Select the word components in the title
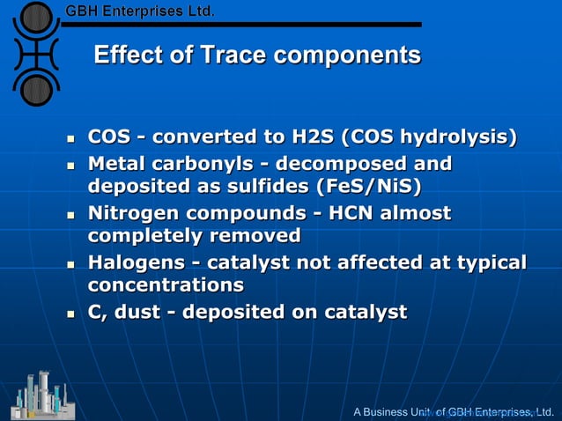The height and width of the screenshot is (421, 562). (x=347, y=55)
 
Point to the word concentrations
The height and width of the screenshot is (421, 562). (x=166, y=284)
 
